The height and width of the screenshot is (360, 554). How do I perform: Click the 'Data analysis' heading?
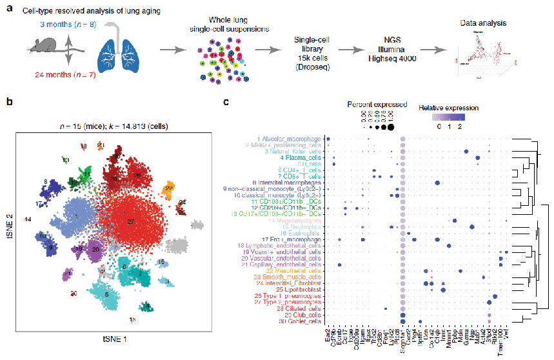482,23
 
